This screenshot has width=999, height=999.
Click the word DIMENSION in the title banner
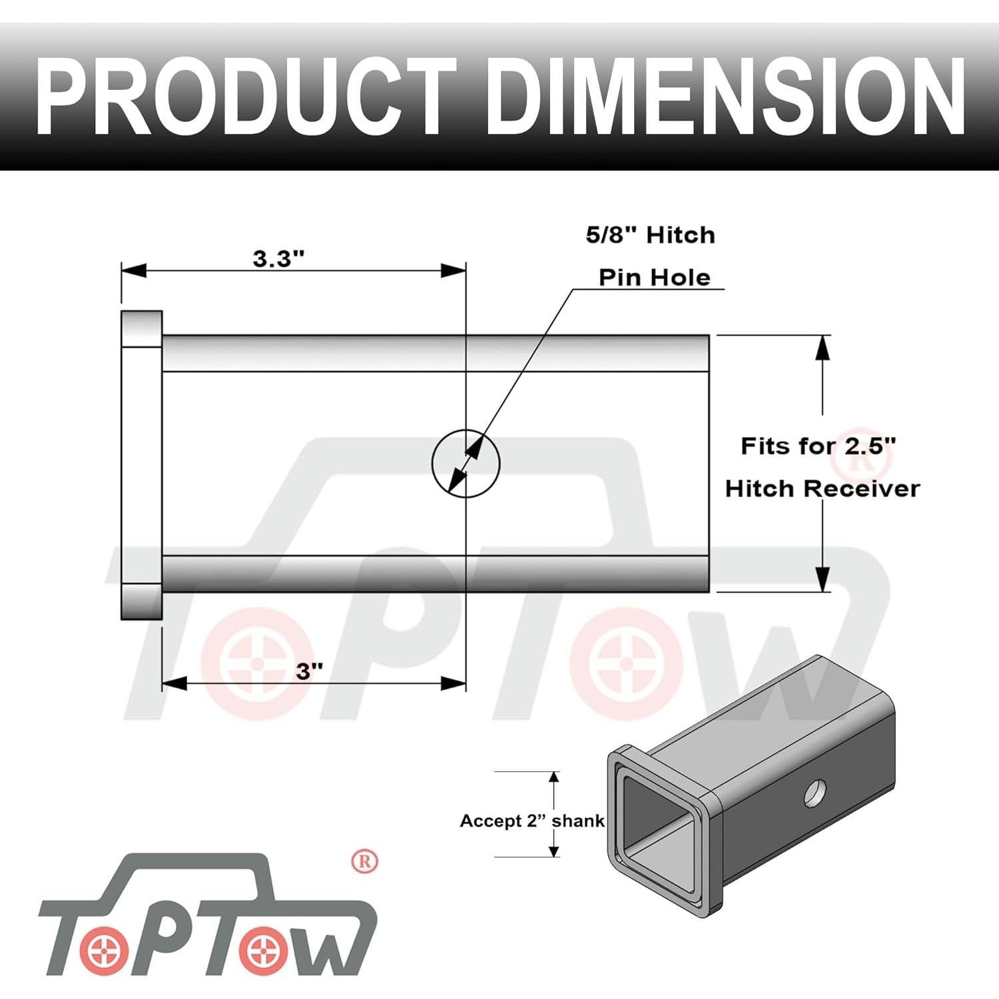[x=725, y=97]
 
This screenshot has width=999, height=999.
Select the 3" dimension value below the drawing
[x=309, y=671]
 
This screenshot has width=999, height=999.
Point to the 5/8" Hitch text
[x=650, y=235]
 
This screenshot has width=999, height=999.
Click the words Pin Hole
[x=654, y=277]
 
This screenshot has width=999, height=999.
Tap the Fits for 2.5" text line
[x=818, y=446]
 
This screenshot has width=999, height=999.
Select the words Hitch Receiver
[x=822, y=488]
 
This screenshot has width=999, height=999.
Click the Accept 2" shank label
[x=531, y=821]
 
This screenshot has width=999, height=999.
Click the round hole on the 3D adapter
[x=815, y=793]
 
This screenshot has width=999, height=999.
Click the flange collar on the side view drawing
[x=141, y=464]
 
